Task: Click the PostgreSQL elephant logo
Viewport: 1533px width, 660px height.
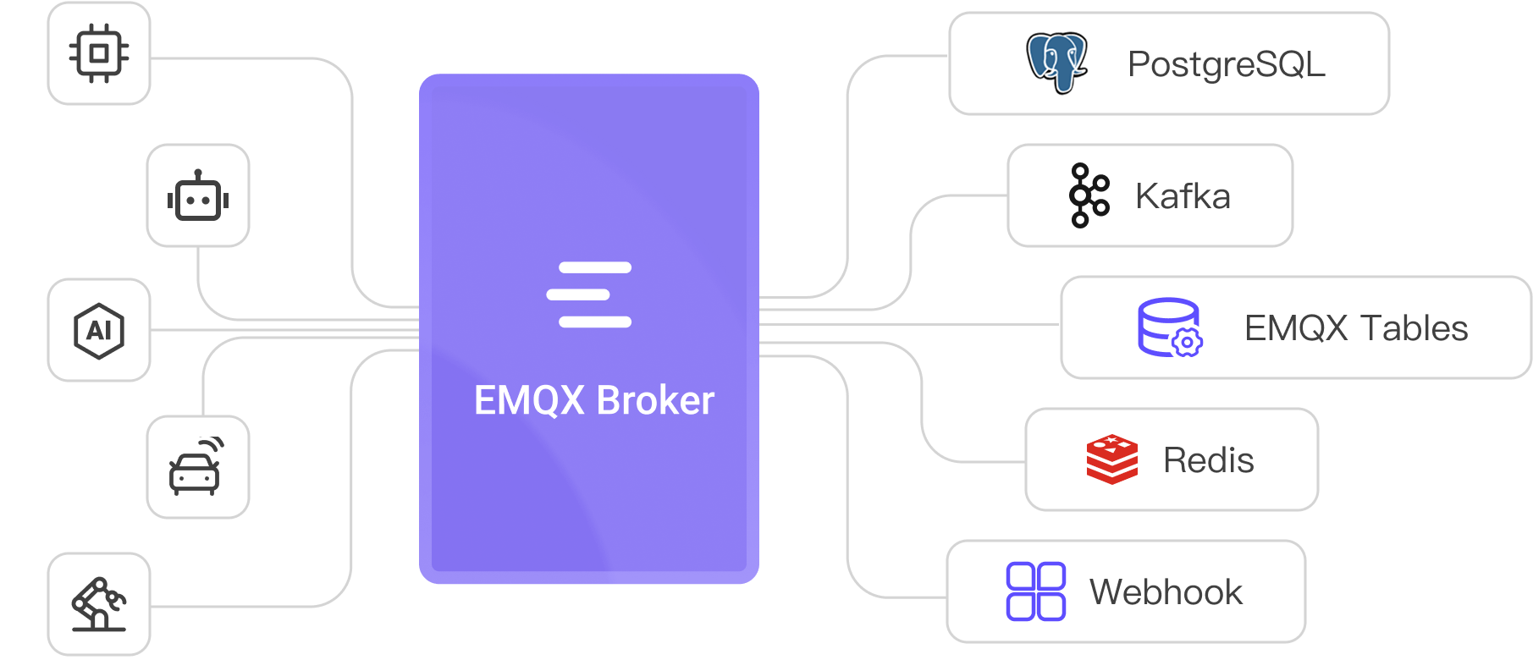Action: pos(1056,63)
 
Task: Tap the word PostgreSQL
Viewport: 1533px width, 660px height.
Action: pos(1227,64)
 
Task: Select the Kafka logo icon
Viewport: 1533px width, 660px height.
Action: pos(1089,195)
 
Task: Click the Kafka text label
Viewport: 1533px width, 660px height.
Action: pos(1183,196)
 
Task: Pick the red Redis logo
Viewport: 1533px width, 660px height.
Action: pos(1111,459)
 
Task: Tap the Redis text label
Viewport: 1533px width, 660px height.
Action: pos(1208,460)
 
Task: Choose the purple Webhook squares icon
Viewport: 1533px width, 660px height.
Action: pos(1035,591)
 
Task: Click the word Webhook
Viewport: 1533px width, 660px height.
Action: pos(1166,592)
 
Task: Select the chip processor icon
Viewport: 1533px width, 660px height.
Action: pos(99,53)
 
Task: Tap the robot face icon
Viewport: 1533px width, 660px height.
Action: pos(198,196)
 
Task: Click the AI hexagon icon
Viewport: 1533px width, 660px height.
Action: pos(99,330)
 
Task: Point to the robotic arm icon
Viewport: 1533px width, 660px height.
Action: pos(99,603)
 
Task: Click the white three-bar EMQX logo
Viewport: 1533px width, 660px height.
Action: pos(589,294)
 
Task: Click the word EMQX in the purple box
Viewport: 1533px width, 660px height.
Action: pos(529,400)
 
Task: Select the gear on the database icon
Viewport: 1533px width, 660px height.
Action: pos(1187,342)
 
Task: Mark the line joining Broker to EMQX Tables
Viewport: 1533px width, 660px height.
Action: pos(910,324)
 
